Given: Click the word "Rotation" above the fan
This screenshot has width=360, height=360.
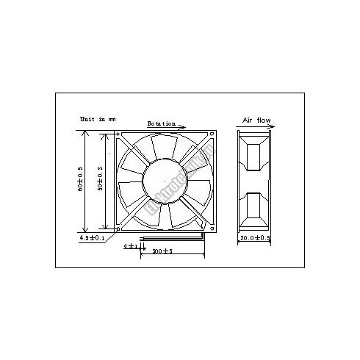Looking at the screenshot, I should pyautogui.click(x=160, y=123).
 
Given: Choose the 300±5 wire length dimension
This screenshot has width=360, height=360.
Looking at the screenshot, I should pyautogui.click(x=163, y=252).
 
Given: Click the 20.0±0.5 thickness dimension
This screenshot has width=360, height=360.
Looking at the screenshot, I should pyautogui.click(x=255, y=239).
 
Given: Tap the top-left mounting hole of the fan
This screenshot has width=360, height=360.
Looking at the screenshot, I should pyautogui.click(x=121, y=135).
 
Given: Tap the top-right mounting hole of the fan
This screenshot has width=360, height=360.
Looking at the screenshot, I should pyautogui.click(x=211, y=135).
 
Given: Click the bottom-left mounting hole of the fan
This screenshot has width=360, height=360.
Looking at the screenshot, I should pyautogui.click(x=121, y=226).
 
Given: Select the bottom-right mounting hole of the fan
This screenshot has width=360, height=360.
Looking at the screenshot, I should pyautogui.click(x=211, y=226).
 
